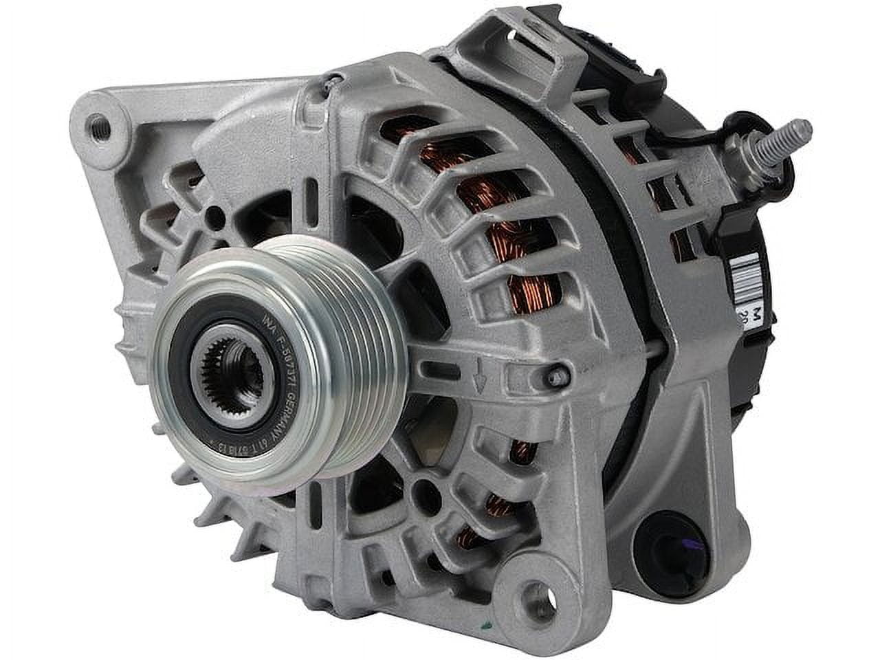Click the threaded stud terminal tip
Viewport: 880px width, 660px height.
click(803, 130)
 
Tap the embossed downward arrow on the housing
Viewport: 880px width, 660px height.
click(483, 376)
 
